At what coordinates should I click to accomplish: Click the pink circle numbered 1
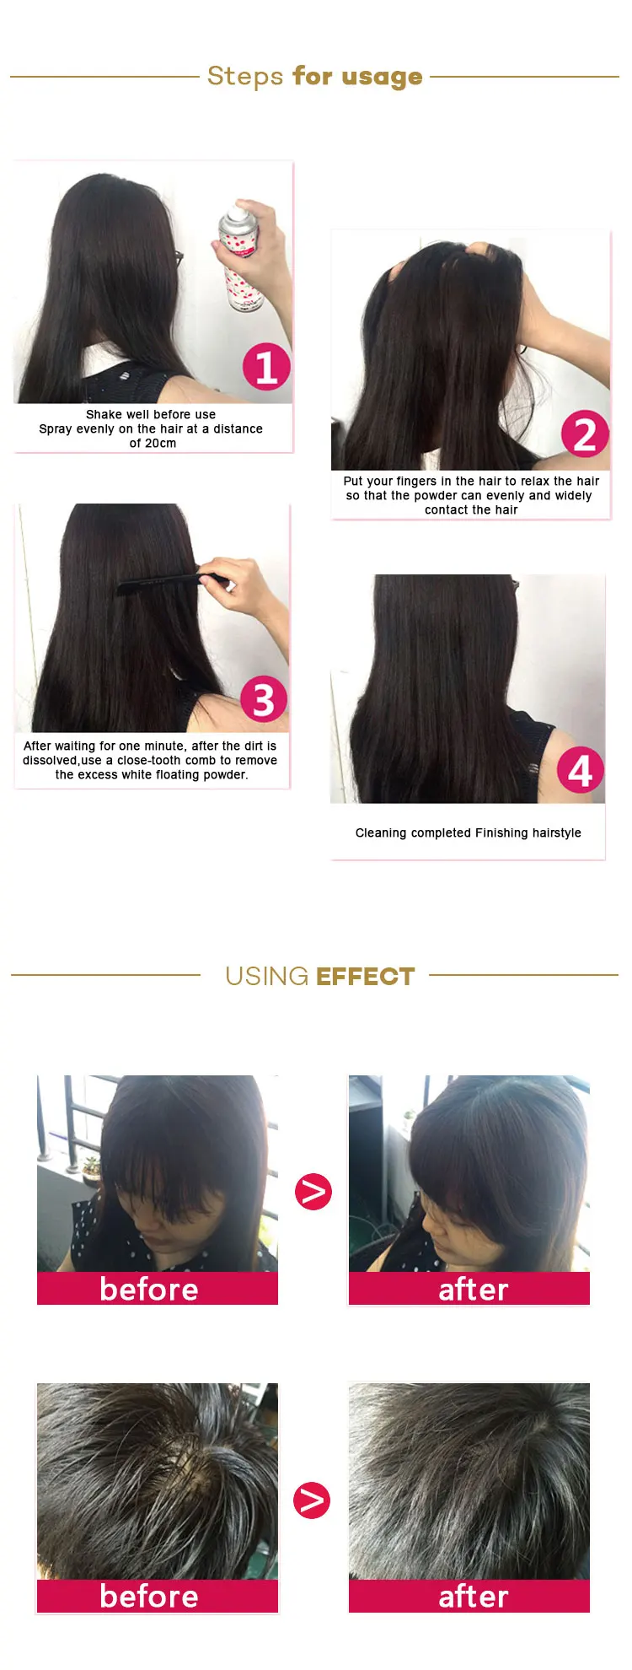tap(266, 367)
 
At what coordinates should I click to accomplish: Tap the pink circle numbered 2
tap(585, 434)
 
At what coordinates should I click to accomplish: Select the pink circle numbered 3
tap(264, 699)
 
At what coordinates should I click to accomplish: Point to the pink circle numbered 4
tap(581, 770)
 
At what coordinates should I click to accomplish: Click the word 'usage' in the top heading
tap(382, 77)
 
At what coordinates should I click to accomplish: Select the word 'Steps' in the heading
tap(245, 77)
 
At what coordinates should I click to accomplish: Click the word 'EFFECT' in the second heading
tap(366, 976)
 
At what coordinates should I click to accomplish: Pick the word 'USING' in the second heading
tap(266, 976)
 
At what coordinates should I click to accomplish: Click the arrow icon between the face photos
tap(313, 1192)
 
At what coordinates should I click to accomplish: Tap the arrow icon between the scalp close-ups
tap(312, 1500)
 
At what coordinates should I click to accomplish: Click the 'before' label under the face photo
tap(149, 1290)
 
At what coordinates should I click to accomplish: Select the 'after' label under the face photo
tap(473, 1290)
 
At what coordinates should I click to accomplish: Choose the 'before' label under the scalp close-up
tap(149, 1597)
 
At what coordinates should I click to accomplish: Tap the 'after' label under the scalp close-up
tap(473, 1597)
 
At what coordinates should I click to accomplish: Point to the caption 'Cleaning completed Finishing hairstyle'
tap(468, 833)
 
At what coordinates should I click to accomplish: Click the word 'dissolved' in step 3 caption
tap(50, 761)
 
